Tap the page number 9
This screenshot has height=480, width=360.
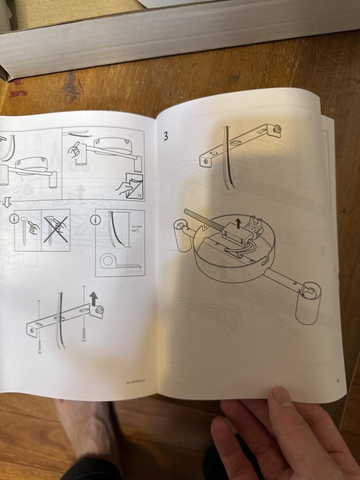338,381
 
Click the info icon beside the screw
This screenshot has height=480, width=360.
13,219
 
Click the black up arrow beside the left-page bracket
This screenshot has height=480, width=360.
93,298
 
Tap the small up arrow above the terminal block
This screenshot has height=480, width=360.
238,223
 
